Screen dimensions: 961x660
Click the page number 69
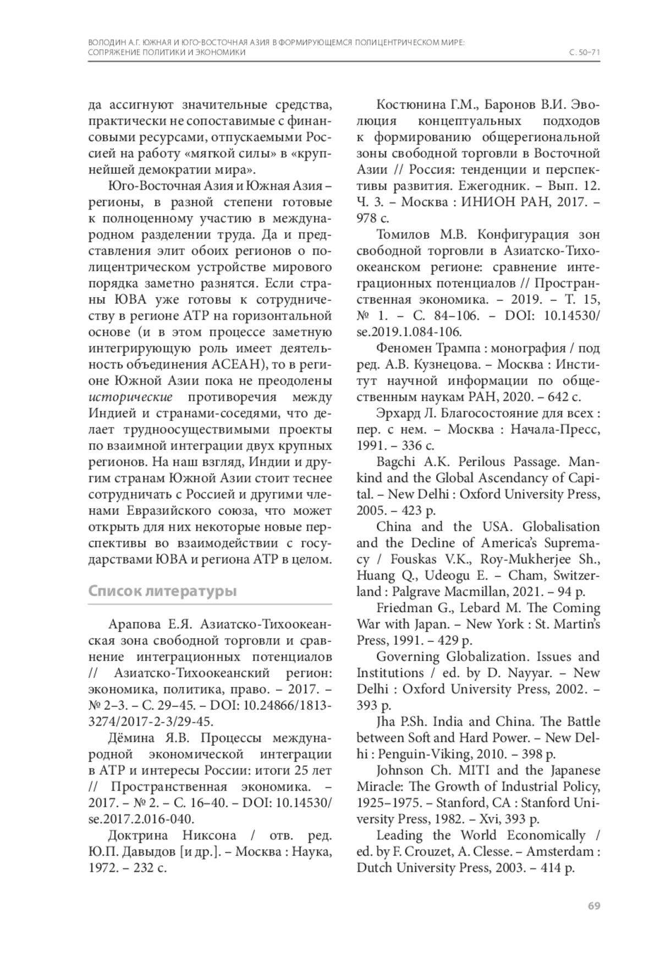pos(593,905)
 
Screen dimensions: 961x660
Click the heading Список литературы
pos(163,591)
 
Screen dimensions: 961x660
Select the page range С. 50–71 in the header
pos(584,52)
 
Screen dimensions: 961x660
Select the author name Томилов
pos(404,234)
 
